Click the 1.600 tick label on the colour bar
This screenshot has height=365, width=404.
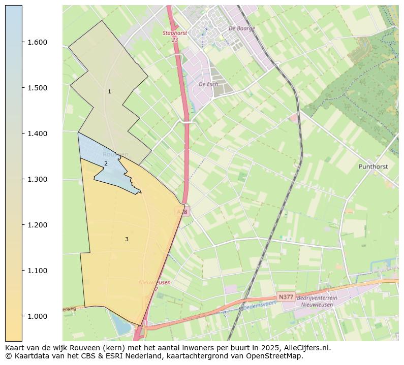coord(38,42)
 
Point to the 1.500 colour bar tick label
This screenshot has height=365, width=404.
coord(38,88)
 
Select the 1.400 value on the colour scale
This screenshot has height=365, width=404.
coord(38,134)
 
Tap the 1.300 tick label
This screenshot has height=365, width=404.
coord(38,179)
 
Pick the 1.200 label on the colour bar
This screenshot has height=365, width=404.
coord(38,225)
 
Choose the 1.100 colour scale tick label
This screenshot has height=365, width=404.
coord(38,271)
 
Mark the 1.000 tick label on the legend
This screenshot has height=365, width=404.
coord(38,316)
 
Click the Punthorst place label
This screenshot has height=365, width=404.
coord(373,167)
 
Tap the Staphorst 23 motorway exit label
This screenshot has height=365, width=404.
coord(171,36)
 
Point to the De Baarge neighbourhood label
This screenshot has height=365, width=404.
coord(241,29)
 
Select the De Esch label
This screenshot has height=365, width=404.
coord(208,84)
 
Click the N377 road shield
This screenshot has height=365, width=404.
coord(286,297)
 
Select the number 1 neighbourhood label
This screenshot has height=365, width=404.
coord(109,92)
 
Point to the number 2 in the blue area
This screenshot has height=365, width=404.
coord(106,163)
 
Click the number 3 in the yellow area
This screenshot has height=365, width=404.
coord(127,239)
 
